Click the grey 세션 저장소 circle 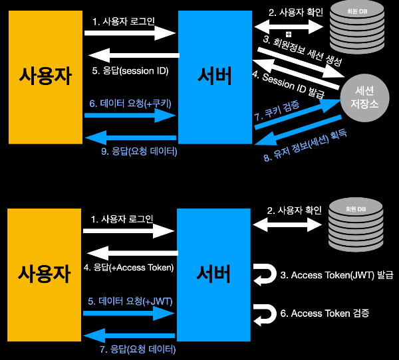coord(368,97)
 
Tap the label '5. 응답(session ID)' coord(130,71)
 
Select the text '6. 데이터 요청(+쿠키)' coord(130,104)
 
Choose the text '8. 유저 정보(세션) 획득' coord(308,147)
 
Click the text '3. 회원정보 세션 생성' coord(303,52)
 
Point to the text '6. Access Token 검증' coord(330,312)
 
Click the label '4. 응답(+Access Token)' coord(130,268)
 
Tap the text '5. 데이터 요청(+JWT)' coord(130,301)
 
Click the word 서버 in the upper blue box coord(215,77)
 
